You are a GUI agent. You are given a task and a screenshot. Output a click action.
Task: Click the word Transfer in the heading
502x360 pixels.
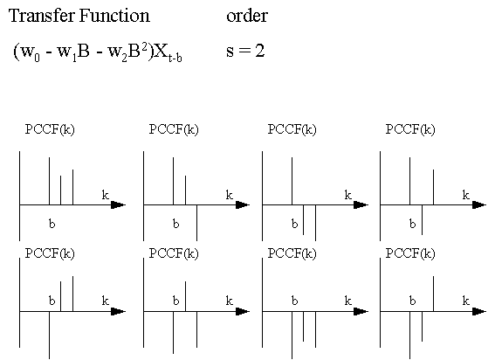pos(42,16)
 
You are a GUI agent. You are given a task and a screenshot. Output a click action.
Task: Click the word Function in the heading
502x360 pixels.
pos(114,16)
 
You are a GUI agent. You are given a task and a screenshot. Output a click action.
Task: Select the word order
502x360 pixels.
pos(247,17)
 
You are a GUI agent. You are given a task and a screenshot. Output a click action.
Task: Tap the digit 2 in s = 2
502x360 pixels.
pos(260,51)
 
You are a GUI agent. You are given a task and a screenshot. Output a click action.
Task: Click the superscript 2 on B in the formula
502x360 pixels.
pos(145,47)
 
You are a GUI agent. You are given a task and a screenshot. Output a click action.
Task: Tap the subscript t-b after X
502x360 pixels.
pos(175,58)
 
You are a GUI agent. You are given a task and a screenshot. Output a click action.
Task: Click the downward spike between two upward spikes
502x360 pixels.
pos(422,219)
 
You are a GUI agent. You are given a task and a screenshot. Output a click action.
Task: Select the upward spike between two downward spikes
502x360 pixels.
pos(185,296)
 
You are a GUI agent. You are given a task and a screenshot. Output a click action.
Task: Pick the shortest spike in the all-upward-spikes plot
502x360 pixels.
pos(60,190)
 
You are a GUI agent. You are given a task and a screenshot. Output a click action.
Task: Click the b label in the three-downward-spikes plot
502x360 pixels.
pos(294,301)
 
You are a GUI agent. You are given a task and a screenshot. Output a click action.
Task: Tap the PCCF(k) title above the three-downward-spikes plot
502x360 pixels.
pos(292,253)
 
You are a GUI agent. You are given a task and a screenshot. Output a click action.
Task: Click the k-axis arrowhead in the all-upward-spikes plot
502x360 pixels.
pos(118,204)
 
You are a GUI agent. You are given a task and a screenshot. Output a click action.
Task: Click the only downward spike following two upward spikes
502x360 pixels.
pos(196,223)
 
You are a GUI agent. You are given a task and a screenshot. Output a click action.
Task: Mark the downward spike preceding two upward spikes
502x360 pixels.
pos(49,335)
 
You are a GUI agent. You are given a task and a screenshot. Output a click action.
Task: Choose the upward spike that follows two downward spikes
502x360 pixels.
pos(434,294)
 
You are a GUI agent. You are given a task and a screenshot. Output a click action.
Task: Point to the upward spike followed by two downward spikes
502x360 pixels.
pos(292,181)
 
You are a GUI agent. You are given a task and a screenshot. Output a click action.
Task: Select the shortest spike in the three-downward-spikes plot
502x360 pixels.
pos(303,326)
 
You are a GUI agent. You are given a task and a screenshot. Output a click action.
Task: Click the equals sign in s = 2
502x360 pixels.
pos(245,51)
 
